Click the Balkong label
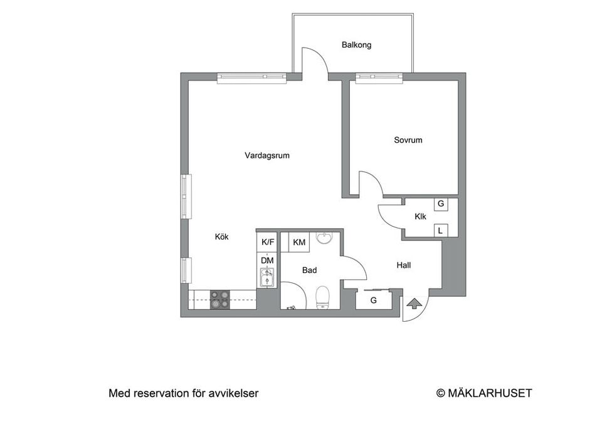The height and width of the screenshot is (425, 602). coord(356,45)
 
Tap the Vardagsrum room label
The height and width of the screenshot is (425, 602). coord(267,156)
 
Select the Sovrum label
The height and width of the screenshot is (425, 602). coord(408,140)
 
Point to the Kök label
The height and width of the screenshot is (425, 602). coord(221,237)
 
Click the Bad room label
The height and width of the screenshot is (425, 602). coord(309,270)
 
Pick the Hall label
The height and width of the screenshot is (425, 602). coord(404,265)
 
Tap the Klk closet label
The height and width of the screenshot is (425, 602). coord(420,217)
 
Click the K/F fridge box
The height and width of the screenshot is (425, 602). coord(268,242)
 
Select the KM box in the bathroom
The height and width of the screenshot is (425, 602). coord(299,242)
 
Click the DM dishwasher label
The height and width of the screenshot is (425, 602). coord(267,260)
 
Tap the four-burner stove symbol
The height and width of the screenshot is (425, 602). coord(219,299)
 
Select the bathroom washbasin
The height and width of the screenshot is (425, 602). coord(324,238)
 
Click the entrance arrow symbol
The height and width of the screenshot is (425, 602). coord(413,304)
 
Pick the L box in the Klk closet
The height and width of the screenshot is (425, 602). coord(441,231)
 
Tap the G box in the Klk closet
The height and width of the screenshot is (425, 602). coord(441,204)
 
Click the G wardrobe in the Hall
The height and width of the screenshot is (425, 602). coord(373,300)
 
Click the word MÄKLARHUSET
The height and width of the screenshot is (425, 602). coord(490,393)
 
